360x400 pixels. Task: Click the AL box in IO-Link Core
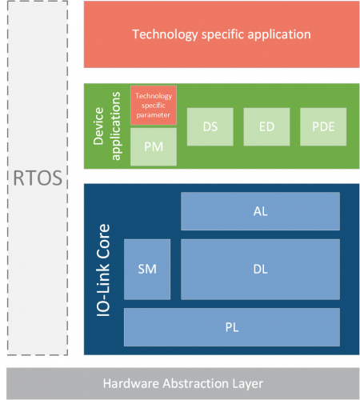[260, 210]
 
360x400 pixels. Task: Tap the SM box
[147, 269]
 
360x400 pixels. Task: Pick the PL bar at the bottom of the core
[232, 327]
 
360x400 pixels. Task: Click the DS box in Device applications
[210, 126]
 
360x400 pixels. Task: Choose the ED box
[266, 126]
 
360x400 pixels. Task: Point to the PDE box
[323, 126]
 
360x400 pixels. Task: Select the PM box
[153, 146]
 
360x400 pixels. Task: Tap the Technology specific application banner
[221, 34]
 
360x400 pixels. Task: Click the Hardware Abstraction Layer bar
[183, 382]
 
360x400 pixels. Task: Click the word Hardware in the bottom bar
[130, 382]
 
